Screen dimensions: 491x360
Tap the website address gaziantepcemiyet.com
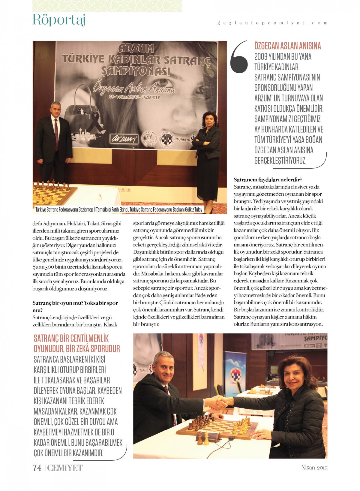(x=272, y=23)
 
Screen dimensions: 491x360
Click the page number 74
(x=37, y=468)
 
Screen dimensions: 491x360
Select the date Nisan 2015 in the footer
(x=314, y=468)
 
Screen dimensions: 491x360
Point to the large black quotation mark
(x=239, y=57)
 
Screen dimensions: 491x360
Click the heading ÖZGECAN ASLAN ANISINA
(x=287, y=46)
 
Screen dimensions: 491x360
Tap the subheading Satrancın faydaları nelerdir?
(x=268, y=180)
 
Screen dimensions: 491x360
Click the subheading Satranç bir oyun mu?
(x=75, y=303)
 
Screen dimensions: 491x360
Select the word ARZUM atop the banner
(x=136, y=48)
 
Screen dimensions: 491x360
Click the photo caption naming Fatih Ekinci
(x=119, y=209)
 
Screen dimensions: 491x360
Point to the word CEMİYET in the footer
(x=65, y=468)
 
